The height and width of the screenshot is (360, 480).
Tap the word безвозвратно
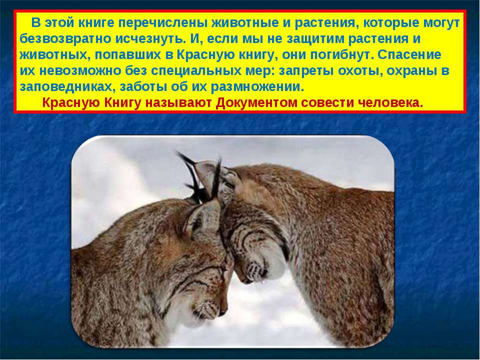[x=65, y=39]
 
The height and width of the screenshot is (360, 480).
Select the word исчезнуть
[x=150, y=39]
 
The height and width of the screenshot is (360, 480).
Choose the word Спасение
[x=409, y=55]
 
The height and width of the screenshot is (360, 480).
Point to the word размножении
[x=257, y=87]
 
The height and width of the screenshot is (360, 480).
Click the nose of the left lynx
[x=222, y=311]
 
